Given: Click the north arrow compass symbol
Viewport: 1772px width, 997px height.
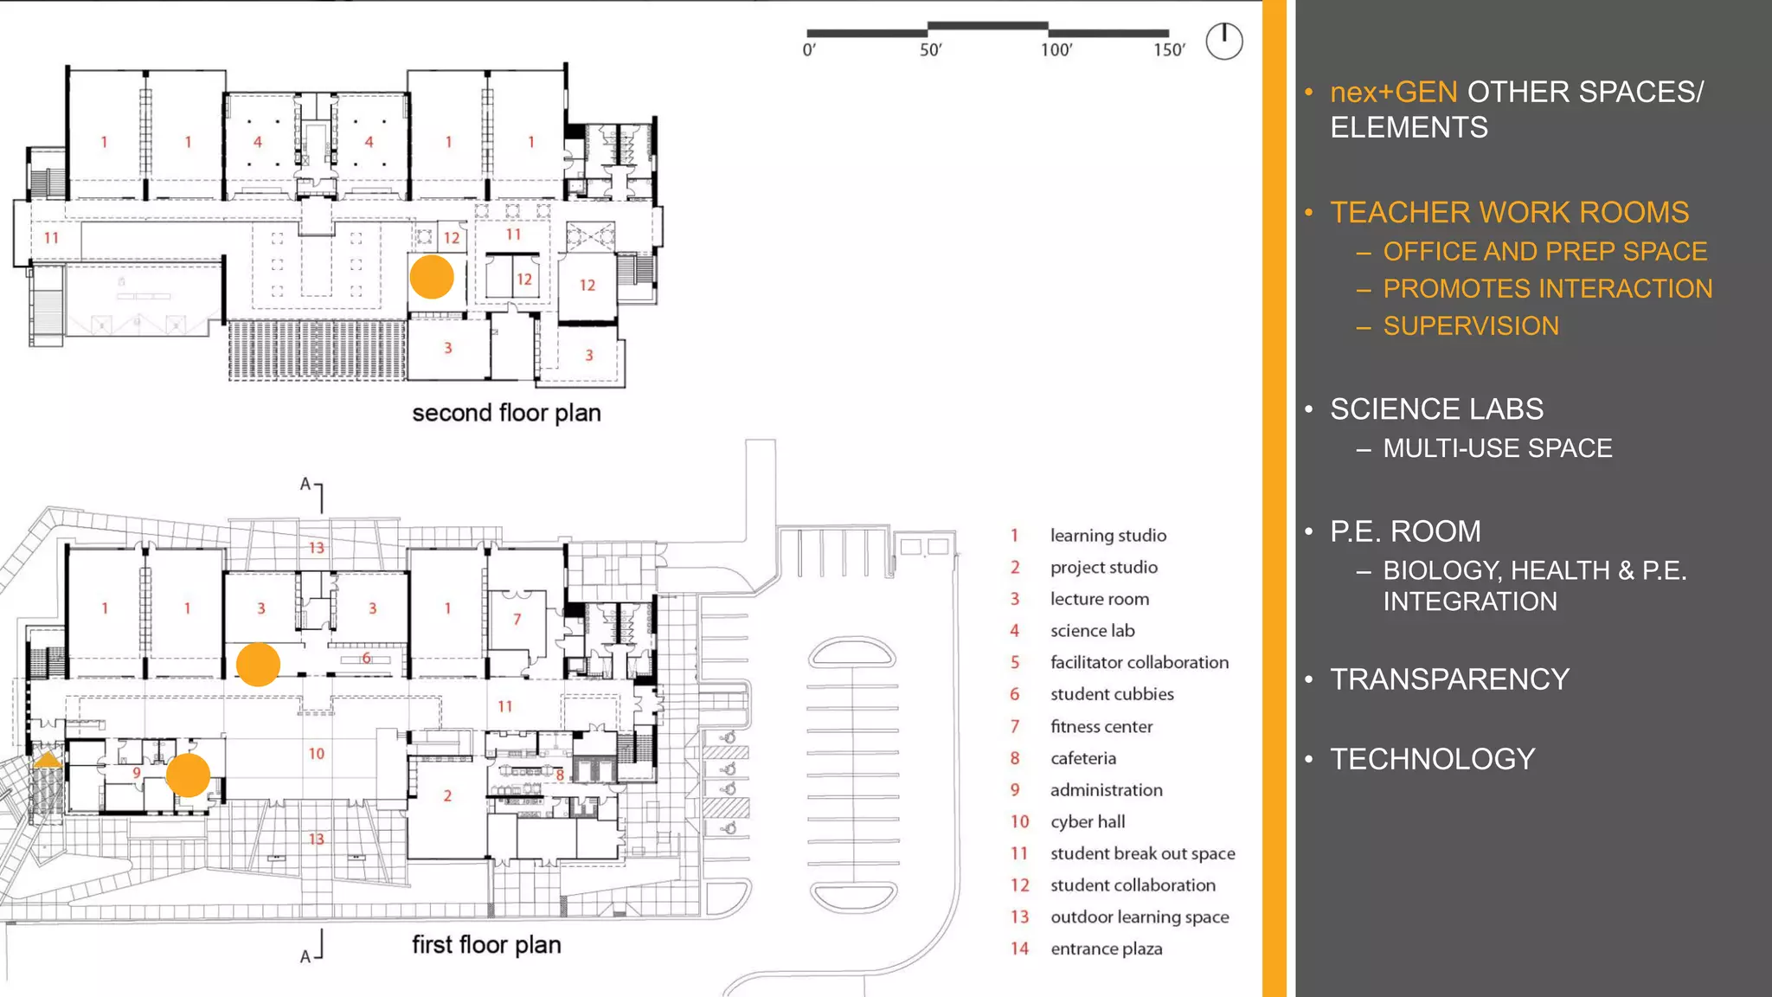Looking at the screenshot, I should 1223,42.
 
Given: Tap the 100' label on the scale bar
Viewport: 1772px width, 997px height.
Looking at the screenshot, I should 1056,50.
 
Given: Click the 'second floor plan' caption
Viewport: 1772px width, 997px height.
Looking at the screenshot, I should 506,413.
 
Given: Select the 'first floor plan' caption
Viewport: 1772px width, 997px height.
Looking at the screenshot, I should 485,944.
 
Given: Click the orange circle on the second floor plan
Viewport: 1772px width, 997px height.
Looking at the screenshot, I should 432,277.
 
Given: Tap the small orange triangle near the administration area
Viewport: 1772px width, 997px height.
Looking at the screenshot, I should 47,761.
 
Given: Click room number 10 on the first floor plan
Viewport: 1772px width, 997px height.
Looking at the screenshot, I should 317,754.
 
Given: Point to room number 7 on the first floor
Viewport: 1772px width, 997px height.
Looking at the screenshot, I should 517,619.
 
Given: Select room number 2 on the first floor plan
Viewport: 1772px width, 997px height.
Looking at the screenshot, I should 447,795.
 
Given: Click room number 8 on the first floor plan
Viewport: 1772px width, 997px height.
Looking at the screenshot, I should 560,775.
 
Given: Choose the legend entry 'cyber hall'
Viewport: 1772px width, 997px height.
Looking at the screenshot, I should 1087,821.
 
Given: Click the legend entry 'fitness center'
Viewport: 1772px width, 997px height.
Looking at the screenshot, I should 1101,726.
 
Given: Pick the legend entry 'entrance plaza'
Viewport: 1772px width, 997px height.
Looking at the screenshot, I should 1106,949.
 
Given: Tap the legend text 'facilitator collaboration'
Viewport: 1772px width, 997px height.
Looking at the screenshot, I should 1139,662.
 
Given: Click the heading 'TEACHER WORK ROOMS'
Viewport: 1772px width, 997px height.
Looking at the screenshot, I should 1508,212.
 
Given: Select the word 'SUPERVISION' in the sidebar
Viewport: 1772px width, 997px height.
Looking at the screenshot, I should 1470,325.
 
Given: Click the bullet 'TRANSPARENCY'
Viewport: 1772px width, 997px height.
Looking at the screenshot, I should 1449,679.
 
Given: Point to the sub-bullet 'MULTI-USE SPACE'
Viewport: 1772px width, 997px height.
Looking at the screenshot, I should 1497,448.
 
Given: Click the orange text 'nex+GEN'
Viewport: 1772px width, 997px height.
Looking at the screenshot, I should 1393,92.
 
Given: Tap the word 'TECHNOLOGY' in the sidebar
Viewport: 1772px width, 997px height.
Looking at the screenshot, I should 1432,759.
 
